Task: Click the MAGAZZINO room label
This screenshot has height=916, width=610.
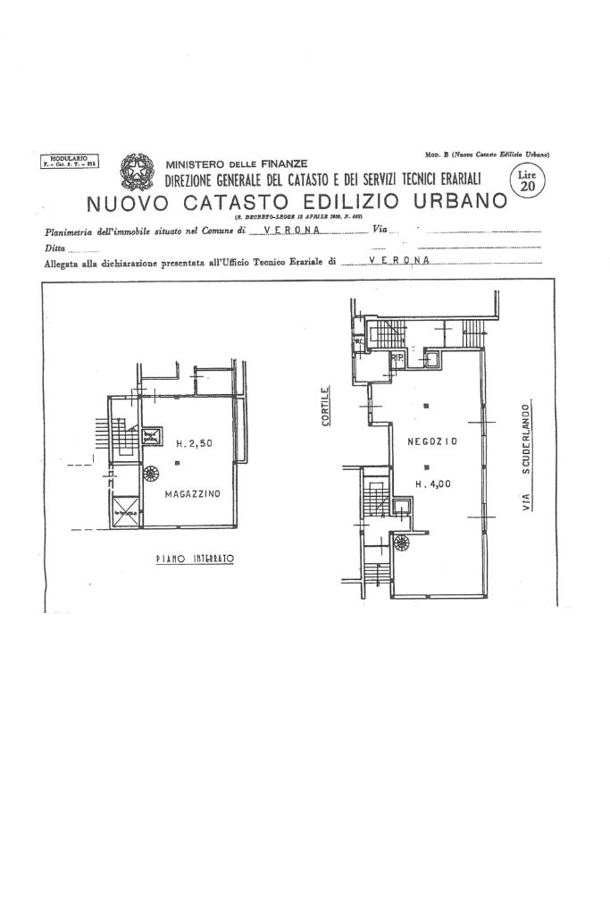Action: pos(192,492)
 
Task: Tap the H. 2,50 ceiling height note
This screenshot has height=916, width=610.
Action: pos(193,443)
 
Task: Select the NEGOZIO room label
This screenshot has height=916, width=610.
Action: pos(432,441)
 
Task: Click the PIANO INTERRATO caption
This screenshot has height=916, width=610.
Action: pos(194,558)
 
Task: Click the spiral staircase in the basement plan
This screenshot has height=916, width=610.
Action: pos(151,474)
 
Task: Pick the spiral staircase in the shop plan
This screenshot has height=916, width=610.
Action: pos(401,541)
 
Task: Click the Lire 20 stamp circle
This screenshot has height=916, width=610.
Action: pos(528,182)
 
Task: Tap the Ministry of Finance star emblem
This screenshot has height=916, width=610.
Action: pos(138,170)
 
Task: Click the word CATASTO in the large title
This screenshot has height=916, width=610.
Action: pos(238,202)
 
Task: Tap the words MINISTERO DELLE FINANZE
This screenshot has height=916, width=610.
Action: pos(237,164)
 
